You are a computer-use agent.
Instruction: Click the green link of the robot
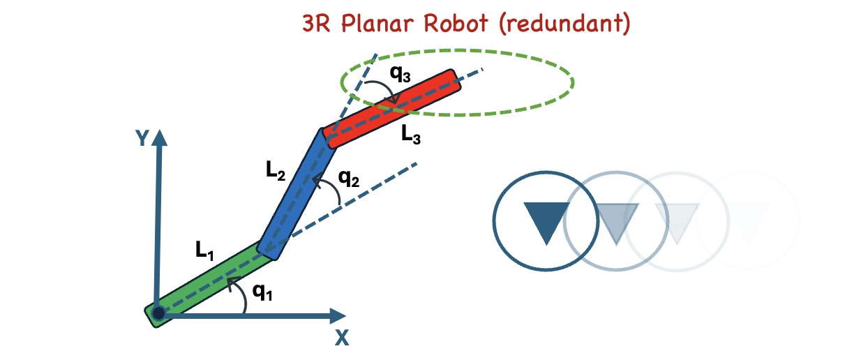pyautogui.click(x=209, y=279)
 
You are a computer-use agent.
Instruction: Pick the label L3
pyautogui.click(x=411, y=135)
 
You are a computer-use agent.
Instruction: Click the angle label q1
pyautogui.click(x=262, y=292)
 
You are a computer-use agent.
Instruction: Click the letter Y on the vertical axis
pyautogui.click(x=142, y=139)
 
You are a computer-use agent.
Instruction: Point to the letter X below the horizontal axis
pyautogui.click(x=341, y=338)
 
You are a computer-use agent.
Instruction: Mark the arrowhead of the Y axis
pyautogui.click(x=160, y=137)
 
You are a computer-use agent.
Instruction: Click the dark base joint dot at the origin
pyautogui.click(x=159, y=314)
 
